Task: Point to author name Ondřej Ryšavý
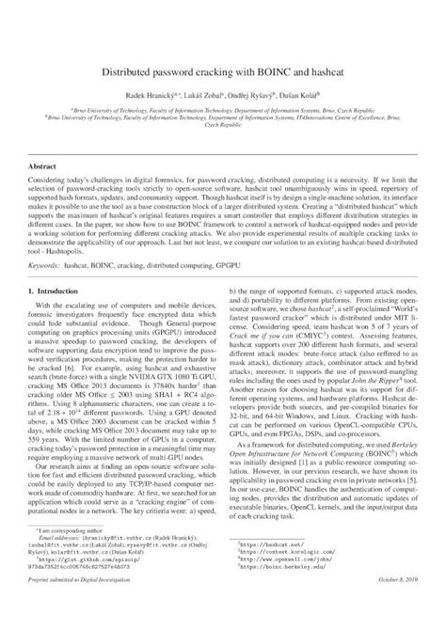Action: click(251, 97)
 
